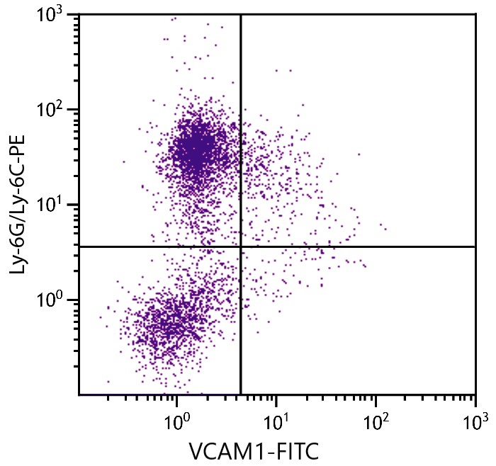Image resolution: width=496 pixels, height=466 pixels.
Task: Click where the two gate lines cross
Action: click(241, 246)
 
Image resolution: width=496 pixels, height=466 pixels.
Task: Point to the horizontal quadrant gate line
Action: click(368, 246)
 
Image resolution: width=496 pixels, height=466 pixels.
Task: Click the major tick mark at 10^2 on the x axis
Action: click(376, 398)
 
